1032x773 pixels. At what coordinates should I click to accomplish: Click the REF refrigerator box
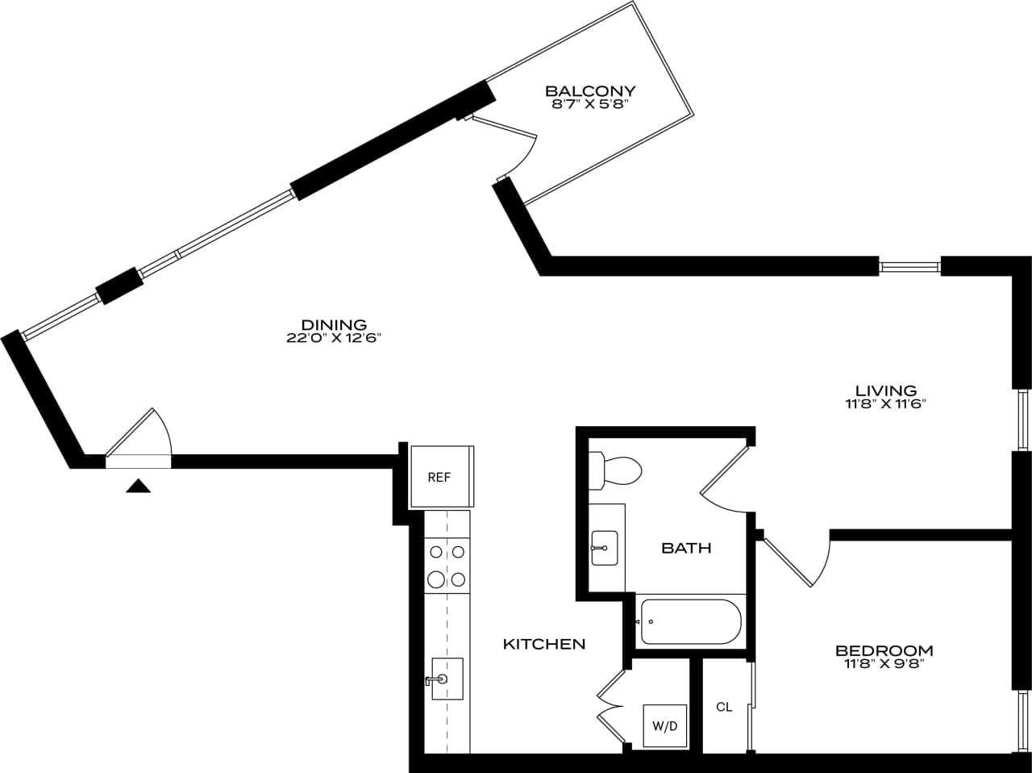click(440, 477)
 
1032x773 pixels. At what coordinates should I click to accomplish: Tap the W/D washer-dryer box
click(664, 725)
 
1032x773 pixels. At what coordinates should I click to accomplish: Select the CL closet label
click(724, 707)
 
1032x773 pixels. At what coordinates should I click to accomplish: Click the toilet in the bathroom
click(616, 470)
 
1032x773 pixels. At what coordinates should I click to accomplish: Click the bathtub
click(690, 622)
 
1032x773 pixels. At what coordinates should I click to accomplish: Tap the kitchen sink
click(446, 679)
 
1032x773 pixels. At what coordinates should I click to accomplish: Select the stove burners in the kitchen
click(447, 566)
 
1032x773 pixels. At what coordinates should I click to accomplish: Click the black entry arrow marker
click(139, 485)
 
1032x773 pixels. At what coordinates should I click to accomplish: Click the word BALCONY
click(590, 91)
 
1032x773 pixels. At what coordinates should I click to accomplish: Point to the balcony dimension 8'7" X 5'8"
click(590, 103)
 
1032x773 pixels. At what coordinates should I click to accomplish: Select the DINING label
click(333, 325)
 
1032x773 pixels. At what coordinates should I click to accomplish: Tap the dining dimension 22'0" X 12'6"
click(333, 339)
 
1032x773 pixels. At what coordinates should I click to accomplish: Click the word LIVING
click(886, 391)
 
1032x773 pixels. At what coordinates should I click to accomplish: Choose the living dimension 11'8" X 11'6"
click(886, 404)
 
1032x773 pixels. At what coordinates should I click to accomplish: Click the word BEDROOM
click(884, 650)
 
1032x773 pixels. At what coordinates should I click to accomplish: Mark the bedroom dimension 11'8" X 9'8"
click(884, 664)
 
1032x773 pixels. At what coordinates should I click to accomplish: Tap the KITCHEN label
click(544, 644)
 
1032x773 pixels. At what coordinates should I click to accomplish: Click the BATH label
click(686, 548)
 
